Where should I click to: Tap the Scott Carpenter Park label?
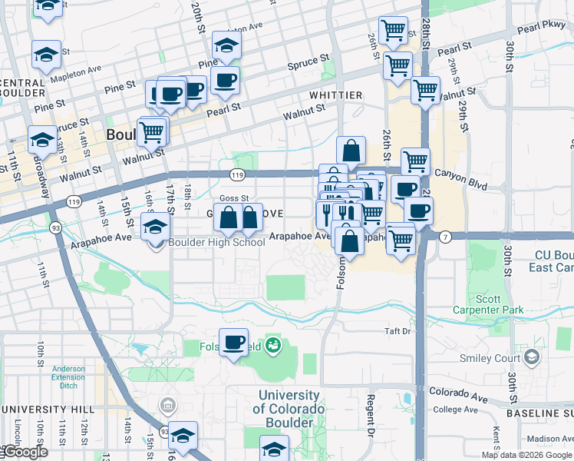pyautogui.click(x=498, y=303)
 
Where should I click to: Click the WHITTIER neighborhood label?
pyautogui.click(x=335, y=95)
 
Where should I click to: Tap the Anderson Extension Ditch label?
pyautogui.click(x=68, y=373)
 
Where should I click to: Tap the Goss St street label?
pyautogui.click(x=234, y=198)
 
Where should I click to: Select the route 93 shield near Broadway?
pyautogui.click(x=56, y=227)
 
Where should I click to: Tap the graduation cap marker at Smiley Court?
pyautogui.click(x=531, y=358)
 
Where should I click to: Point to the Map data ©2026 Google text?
pyautogui.click(x=526, y=455)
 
